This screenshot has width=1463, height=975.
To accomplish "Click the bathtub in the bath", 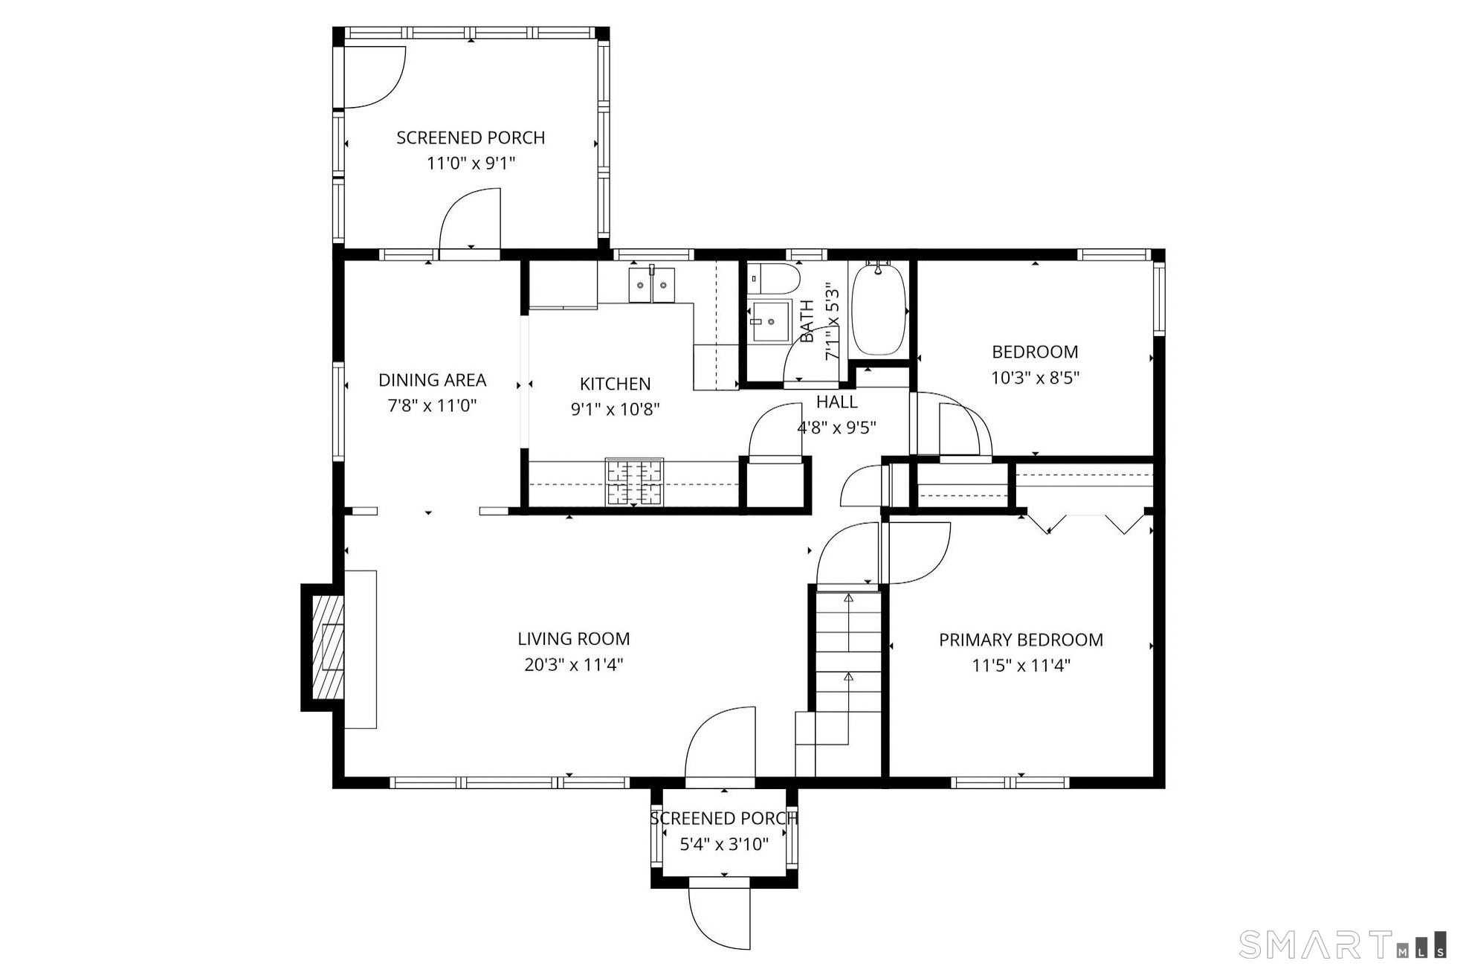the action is [879, 309].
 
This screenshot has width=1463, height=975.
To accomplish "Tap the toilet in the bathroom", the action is [773, 279].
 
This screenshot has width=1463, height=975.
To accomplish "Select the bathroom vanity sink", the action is [770, 321].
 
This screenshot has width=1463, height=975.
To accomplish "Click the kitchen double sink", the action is [652, 285].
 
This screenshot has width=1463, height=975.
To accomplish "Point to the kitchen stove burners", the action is [634, 482].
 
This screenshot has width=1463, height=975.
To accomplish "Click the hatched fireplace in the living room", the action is [328, 648].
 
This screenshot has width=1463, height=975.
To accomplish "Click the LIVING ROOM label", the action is [574, 639].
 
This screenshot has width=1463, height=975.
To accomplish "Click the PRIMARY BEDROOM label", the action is [1021, 640].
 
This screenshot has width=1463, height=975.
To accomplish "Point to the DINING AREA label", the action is [433, 380].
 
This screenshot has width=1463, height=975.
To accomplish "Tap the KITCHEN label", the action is [616, 384].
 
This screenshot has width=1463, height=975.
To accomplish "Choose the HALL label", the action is [837, 402].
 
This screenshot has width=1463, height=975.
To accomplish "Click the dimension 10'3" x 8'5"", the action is [1035, 378].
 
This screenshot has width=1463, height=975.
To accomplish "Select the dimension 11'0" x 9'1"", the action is [471, 163].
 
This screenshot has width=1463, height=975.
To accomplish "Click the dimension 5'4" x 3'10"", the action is [724, 844].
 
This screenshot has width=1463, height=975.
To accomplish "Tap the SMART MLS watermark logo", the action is [1343, 945].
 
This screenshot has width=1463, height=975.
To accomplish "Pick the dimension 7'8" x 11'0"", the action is [432, 406].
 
